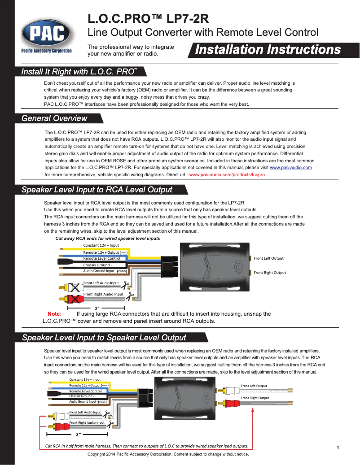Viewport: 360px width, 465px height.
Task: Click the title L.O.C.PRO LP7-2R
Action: pyautogui.click(x=148, y=19)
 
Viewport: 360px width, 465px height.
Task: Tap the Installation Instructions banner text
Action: pyautogui.click(x=268, y=50)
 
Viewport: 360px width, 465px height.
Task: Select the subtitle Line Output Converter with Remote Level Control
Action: pyautogui.click(x=202, y=32)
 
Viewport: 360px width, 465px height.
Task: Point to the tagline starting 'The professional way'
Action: pyautogui.click(x=131, y=50)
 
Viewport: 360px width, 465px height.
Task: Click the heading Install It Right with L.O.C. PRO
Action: pyautogui.click(x=79, y=72)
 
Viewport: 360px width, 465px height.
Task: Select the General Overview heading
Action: pyautogui.click(x=55, y=118)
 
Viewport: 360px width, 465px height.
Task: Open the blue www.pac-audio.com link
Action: pyautogui.click(x=290, y=167)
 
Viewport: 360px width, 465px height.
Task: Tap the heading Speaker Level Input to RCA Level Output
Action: pyautogui.click(x=97, y=190)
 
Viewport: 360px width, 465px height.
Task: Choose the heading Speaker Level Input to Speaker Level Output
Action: pyautogui.click(x=104, y=337)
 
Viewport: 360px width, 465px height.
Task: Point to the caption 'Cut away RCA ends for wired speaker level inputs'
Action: pyautogui.click(x=107, y=239)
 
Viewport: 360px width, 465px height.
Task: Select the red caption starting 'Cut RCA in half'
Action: pyautogui.click(x=147, y=446)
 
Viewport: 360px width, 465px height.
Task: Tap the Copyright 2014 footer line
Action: pyautogui.click(x=168, y=454)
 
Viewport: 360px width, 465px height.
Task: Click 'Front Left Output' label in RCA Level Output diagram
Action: pyautogui.click(x=268, y=258)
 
